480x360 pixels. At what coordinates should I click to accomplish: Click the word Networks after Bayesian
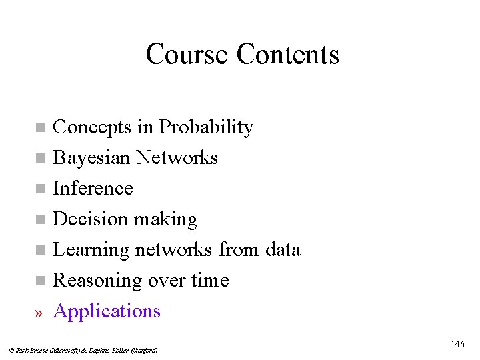(x=177, y=157)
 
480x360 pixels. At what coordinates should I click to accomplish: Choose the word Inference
(x=93, y=188)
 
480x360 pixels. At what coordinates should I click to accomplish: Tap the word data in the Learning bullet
(x=282, y=249)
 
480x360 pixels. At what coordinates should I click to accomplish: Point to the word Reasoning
(x=96, y=281)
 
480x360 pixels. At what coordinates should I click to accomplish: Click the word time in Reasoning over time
(x=209, y=280)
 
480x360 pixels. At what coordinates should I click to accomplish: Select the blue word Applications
(x=107, y=311)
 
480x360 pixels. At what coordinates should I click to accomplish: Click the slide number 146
(x=457, y=344)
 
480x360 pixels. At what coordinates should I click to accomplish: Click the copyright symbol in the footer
(x=12, y=350)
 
